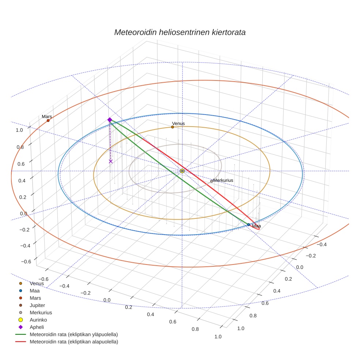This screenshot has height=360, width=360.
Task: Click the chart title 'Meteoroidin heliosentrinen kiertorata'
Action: pyautogui.click(x=180, y=32)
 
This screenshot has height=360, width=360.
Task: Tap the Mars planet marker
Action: pyautogui.click(x=48, y=120)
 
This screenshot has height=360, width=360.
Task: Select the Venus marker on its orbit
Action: pyautogui.click(x=172, y=127)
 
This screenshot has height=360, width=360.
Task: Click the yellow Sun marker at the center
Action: pyautogui.click(x=182, y=171)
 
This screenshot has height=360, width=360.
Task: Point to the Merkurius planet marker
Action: pyautogui.click(x=211, y=181)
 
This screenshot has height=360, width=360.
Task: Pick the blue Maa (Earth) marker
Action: pyautogui.click(x=248, y=225)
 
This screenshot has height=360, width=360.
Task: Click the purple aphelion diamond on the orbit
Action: pyautogui.click(x=109, y=120)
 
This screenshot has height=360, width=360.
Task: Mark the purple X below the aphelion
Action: pyautogui.click(x=111, y=161)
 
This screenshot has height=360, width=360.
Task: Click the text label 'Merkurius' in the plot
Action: pyautogui.click(x=223, y=180)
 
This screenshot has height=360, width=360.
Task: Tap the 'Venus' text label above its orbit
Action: pyautogui.click(x=179, y=124)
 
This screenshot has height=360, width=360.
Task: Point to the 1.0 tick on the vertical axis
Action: pyautogui.click(x=19, y=130)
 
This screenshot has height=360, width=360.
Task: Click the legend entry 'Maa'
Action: pyautogui.click(x=35, y=290)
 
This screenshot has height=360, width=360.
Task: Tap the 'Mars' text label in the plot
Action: pyautogui.click(x=46, y=117)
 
